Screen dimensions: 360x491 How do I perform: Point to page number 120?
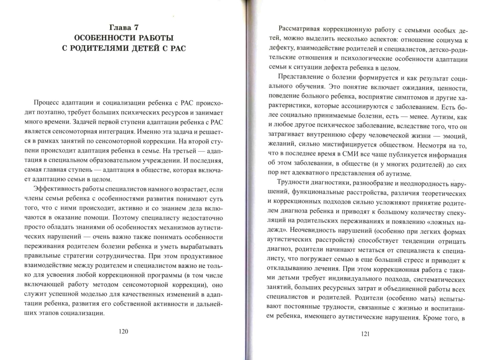[123, 331]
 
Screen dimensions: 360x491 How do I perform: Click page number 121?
[365, 334]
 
